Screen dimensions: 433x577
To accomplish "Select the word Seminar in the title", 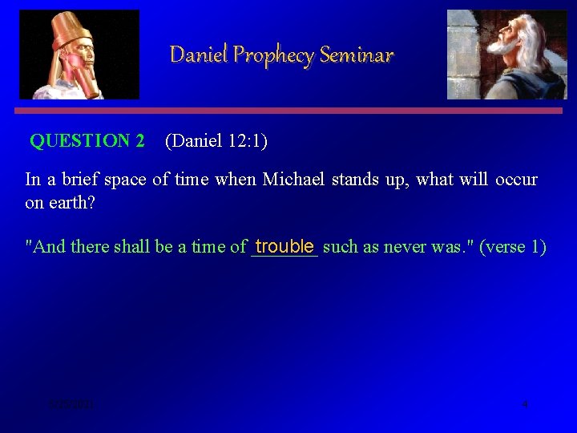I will click(357, 55).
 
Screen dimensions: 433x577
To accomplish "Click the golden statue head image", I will click(79, 54).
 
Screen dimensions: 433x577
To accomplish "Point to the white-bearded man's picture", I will click(506, 54).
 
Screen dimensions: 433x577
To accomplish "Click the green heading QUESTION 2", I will click(87, 141).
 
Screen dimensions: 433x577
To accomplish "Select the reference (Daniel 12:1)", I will click(216, 141).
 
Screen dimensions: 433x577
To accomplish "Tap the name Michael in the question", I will click(293, 179).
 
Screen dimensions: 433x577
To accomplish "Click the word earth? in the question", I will click(72, 202).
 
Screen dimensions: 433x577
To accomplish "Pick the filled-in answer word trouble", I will click(284, 245).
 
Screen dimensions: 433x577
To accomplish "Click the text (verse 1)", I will click(513, 246).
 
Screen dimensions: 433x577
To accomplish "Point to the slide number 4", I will click(524, 404).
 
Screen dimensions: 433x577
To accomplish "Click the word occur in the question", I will click(516, 179).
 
